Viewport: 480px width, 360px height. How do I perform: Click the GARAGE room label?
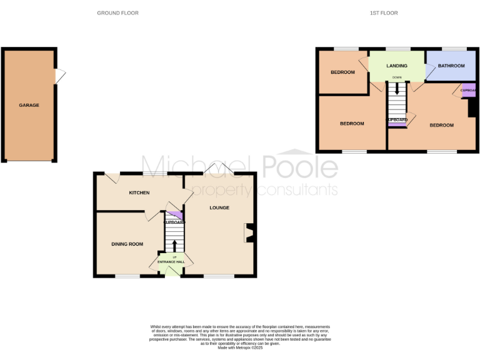point(29,105)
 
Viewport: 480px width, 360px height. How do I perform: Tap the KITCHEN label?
point(139,192)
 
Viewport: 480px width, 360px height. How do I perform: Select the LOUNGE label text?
point(219,207)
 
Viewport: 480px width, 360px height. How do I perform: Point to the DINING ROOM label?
point(127,244)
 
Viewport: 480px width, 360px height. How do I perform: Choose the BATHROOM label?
point(451,66)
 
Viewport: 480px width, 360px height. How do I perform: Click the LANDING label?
point(396,66)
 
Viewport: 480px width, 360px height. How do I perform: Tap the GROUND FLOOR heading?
point(117,12)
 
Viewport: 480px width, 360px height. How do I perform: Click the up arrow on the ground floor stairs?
point(174,245)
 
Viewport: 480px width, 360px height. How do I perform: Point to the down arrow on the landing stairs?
point(396,89)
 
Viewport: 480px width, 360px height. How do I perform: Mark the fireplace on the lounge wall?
point(249,233)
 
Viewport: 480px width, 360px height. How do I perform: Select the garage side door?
point(59,76)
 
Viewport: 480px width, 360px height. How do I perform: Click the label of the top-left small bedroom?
point(342,72)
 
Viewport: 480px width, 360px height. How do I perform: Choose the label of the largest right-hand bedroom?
point(441,125)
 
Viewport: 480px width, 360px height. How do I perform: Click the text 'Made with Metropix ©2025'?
point(239,347)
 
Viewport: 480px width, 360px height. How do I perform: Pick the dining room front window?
point(127,276)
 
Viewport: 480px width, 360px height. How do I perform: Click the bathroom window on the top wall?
point(454,49)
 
